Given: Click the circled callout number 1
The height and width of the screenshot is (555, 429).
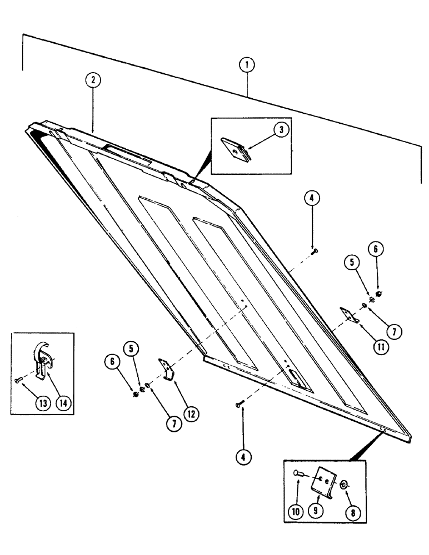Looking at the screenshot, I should coord(247,65).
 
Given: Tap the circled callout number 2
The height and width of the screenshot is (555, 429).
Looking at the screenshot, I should coord(93,80).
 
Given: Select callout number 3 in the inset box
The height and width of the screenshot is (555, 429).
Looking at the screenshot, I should coord(282,130).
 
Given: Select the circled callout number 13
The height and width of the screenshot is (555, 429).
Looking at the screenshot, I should coord(41,403).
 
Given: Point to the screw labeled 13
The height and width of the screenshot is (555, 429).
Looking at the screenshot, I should coord(18,380).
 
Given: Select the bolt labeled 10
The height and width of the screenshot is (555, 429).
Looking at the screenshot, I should coord(299,473).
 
